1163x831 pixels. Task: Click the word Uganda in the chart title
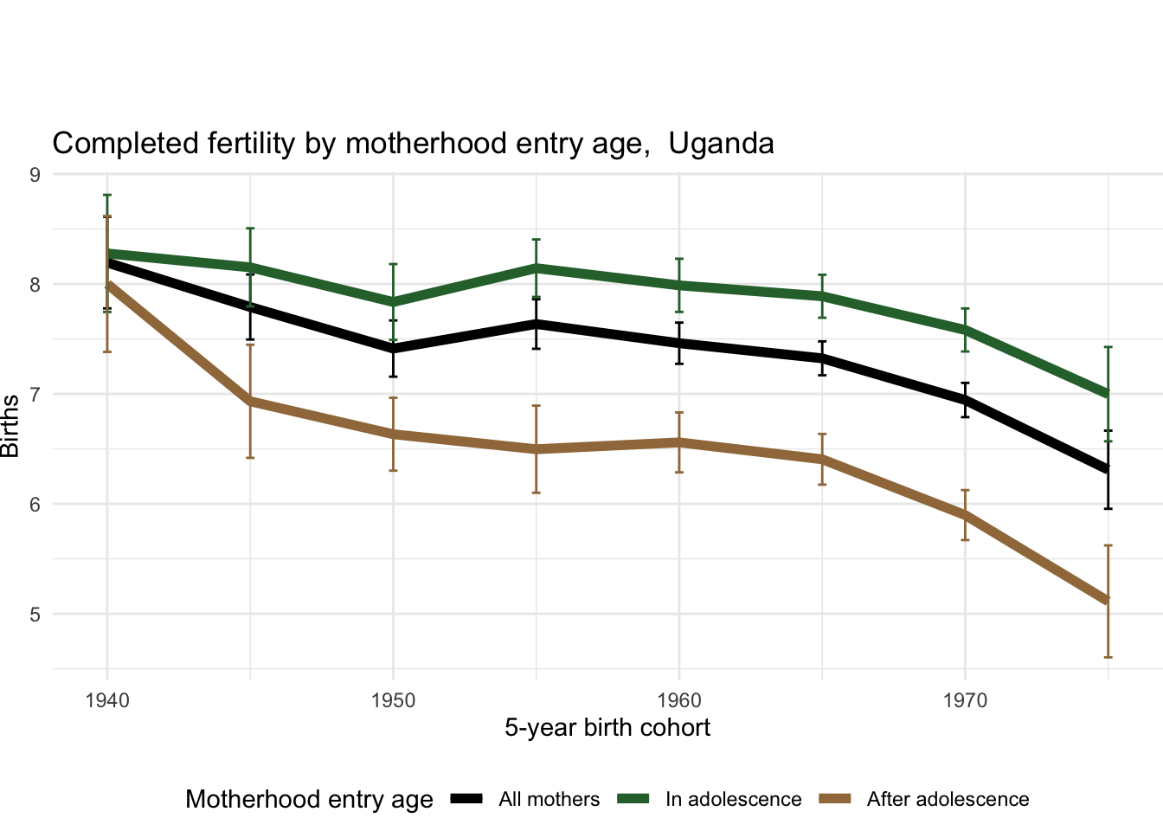[721, 144]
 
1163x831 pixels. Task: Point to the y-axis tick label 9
[35, 175]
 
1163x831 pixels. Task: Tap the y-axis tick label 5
[35, 615]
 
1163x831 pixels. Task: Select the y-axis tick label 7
[35, 395]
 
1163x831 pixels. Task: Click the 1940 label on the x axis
[107, 700]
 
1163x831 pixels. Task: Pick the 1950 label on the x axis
[393, 700]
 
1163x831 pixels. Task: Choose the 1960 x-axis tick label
[678, 700]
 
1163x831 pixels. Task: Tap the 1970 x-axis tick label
[965, 700]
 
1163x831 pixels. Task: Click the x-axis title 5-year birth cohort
[607, 728]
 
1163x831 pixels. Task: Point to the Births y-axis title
[10, 426]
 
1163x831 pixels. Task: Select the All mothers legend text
[549, 800]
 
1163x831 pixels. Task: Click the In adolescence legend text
[733, 800]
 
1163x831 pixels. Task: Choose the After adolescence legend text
[948, 800]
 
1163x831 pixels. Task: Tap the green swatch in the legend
[633, 799]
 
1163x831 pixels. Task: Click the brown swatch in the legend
[835, 799]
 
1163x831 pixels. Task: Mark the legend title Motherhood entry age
[309, 800]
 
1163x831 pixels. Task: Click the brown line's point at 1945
[250, 401]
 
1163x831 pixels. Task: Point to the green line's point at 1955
[537, 267]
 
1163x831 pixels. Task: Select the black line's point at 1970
[965, 400]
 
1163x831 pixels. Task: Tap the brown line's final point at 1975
[1107, 601]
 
